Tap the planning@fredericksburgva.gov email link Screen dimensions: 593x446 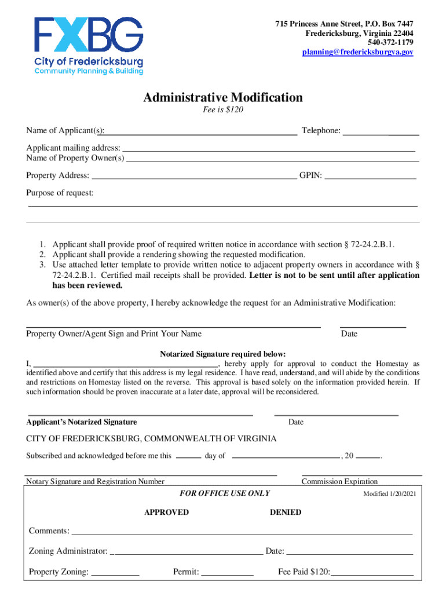click(x=357, y=52)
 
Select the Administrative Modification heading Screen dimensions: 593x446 click(x=223, y=97)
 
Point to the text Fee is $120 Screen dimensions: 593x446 click(x=223, y=110)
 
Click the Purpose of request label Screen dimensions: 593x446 click(x=60, y=193)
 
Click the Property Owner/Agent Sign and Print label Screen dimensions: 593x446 click(x=114, y=334)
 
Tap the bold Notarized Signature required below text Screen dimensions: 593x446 click(x=223, y=354)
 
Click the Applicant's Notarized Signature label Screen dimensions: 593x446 click(x=83, y=422)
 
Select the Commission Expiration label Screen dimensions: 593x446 click(x=339, y=481)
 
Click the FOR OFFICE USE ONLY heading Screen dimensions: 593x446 click(x=225, y=493)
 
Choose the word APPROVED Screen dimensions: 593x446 click(x=166, y=512)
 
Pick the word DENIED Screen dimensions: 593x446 click(x=286, y=512)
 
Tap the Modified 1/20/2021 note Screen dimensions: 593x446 click(x=389, y=494)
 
